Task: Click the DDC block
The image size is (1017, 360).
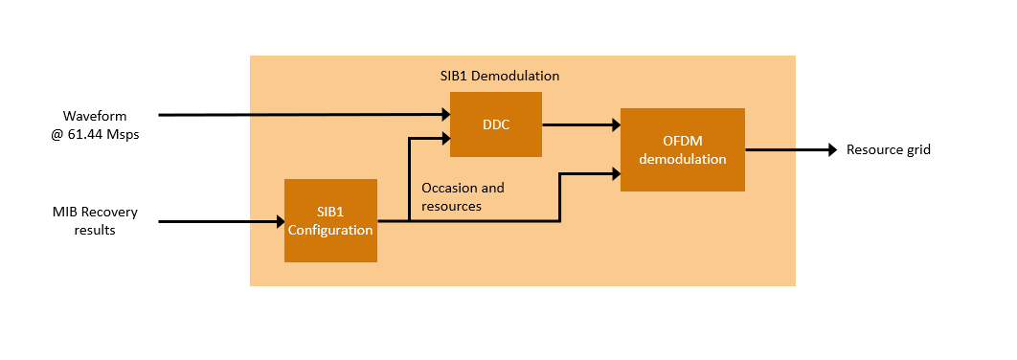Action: tap(495, 124)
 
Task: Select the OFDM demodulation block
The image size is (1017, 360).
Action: tap(683, 149)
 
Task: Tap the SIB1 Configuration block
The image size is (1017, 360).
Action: tap(330, 220)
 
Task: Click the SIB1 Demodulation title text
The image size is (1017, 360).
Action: tap(500, 76)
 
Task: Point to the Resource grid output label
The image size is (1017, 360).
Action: tap(889, 149)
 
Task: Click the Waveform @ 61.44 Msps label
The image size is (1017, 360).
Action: tap(95, 125)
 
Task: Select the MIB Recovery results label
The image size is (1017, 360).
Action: tap(95, 220)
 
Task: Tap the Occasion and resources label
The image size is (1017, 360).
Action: tap(463, 196)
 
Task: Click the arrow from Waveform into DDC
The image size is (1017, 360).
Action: tap(305, 115)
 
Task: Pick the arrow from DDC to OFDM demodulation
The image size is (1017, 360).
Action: tap(581, 125)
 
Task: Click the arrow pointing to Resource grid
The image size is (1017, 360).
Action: tap(791, 149)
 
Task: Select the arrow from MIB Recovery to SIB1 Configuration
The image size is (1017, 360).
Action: tap(221, 222)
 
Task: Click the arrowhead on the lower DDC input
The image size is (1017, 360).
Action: tap(445, 138)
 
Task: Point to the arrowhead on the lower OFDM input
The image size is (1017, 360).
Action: tap(616, 173)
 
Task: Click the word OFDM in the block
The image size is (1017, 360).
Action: tap(683, 141)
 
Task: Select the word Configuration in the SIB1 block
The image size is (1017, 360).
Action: tap(330, 230)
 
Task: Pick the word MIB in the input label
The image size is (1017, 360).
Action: tap(63, 213)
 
